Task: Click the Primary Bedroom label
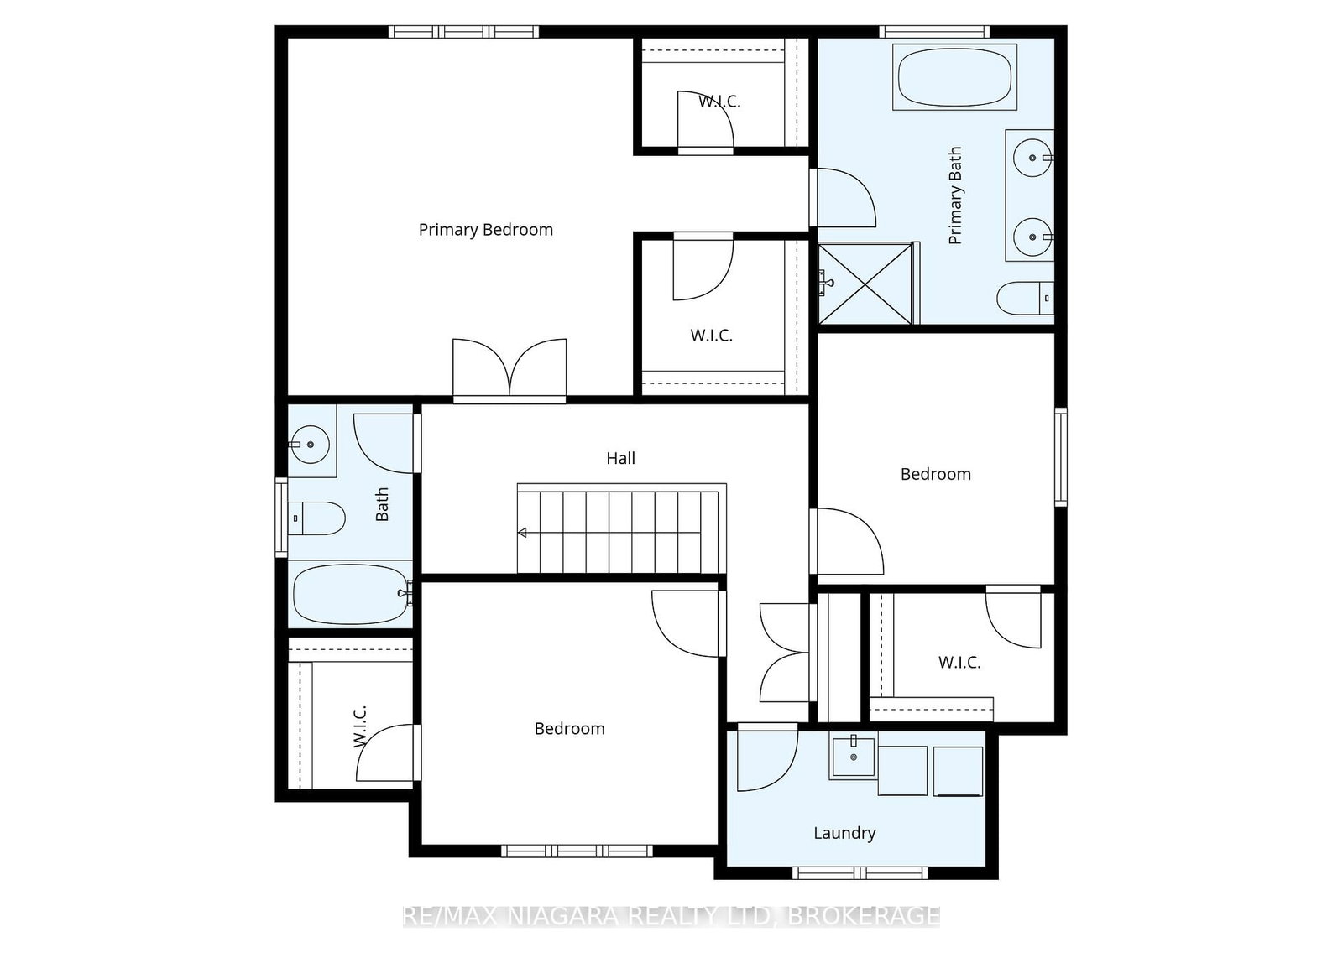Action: pos(486,230)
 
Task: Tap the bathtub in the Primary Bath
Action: pos(954,76)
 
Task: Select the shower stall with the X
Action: pos(865,284)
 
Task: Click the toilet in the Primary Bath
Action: pos(1025,298)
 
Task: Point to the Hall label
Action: pos(620,458)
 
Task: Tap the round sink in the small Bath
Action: pos(310,445)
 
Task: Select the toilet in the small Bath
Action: pos(316,518)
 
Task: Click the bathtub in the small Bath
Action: pos(351,594)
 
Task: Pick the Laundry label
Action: pos(844,833)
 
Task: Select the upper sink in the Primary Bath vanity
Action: pos(1032,158)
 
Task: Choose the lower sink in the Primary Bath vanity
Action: pos(1032,237)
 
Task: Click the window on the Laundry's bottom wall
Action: pos(860,873)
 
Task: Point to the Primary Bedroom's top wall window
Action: pos(463,32)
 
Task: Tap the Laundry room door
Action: pos(767,757)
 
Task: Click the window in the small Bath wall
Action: pos(281,518)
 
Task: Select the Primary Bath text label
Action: pos(955,195)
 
